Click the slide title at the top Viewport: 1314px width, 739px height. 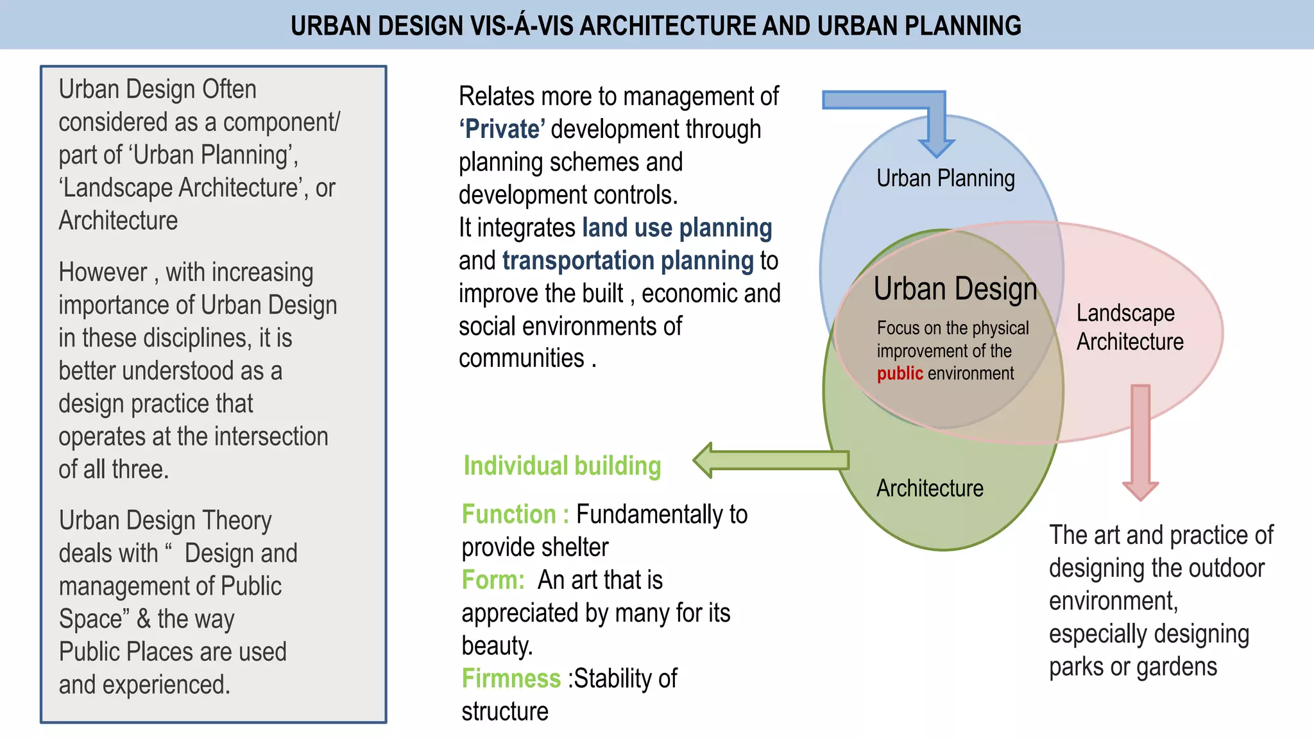(656, 26)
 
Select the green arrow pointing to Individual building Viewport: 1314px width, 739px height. (770, 460)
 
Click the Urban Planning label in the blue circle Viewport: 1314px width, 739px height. (945, 178)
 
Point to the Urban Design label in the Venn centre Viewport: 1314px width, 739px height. (955, 289)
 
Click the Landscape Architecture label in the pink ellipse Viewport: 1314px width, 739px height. (1129, 327)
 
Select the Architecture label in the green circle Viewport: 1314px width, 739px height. (930, 488)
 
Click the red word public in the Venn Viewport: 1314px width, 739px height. (900, 373)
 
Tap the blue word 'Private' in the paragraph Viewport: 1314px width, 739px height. (502, 129)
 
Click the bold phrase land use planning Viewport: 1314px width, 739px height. (677, 228)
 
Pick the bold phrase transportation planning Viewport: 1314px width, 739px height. (627, 260)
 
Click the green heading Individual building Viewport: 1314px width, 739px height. (562, 466)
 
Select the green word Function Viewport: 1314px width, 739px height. (509, 514)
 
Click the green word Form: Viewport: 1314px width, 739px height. (493, 580)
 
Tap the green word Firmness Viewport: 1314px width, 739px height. (511, 678)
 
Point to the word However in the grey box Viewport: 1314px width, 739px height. (103, 272)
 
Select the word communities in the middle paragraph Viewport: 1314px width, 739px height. (521, 358)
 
